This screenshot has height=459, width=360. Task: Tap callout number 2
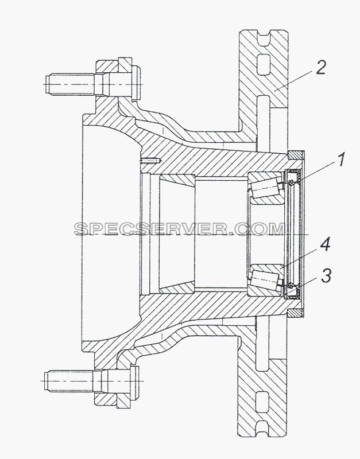coord(320,67)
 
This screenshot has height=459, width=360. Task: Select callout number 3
coord(326,276)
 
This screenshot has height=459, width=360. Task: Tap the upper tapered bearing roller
coord(265,188)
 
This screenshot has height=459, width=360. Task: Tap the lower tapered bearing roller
coord(265,279)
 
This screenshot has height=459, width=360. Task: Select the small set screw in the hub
coord(150,161)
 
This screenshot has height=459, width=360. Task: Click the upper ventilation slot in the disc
coord(262,64)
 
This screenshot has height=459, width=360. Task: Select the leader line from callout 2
coord(293,83)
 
